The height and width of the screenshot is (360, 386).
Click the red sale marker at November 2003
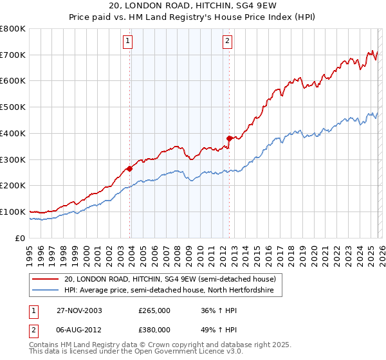[x=130, y=168]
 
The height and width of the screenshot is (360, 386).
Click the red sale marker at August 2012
[x=229, y=138]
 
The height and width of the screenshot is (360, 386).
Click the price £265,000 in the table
[x=154, y=310]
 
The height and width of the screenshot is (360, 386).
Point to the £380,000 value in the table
[x=154, y=330]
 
